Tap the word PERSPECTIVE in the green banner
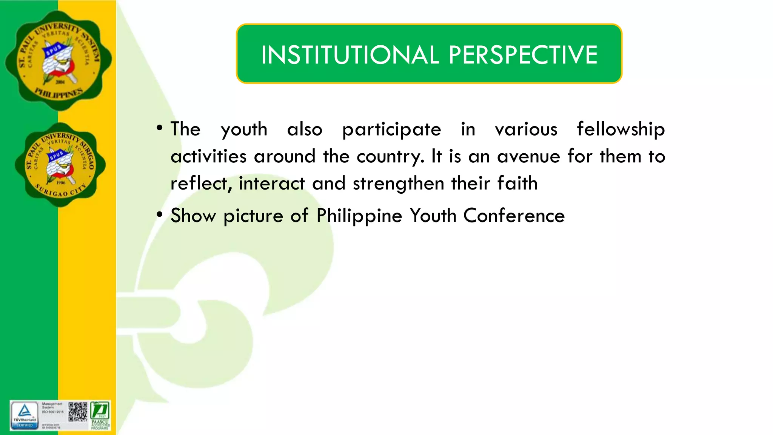point(523,55)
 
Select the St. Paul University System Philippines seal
point(59,60)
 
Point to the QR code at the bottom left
point(78,412)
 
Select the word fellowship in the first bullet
point(621,129)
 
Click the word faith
point(517,184)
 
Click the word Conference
point(514,216)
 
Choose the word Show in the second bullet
point(193,216)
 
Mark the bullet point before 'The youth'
point(160,128)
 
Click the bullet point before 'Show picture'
point(160,215)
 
